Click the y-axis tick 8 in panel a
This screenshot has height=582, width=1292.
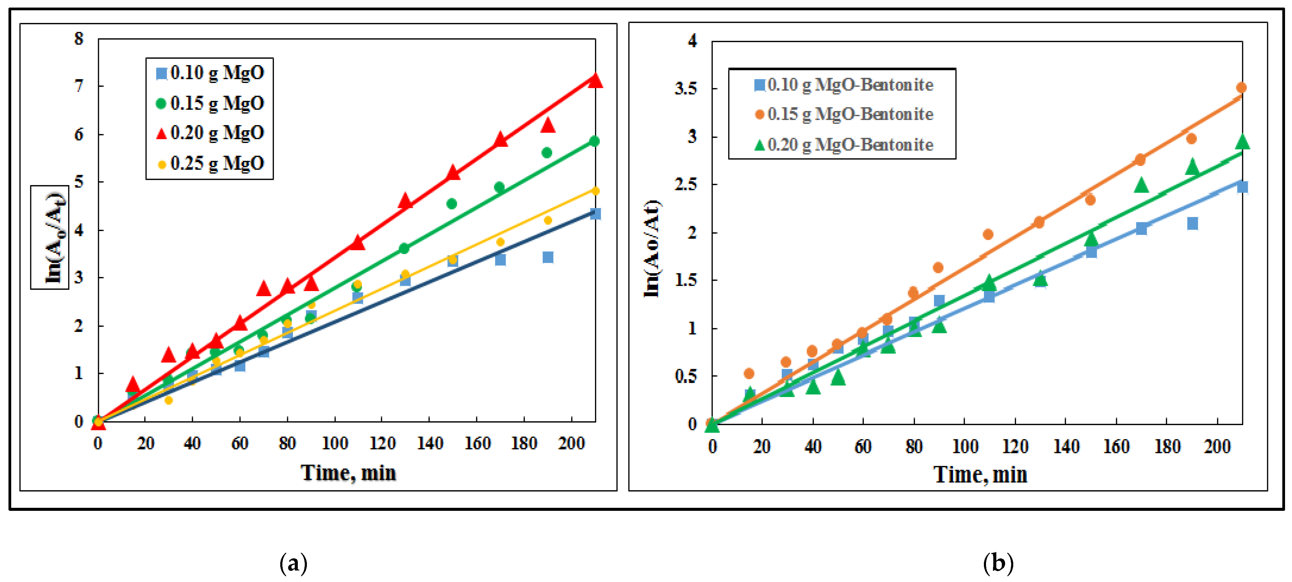coord(79,39)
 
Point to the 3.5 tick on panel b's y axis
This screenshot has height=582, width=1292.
coord(686,89)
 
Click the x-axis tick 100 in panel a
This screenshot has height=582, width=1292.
coord(334,444)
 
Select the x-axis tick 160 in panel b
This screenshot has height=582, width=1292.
coord(1116,447)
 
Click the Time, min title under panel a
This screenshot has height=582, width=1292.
coord(349,473)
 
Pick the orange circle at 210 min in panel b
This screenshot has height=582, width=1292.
coord(1241,88)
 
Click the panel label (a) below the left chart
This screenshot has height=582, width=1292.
coord(293,564)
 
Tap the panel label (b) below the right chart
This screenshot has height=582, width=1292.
coord(998,564)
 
